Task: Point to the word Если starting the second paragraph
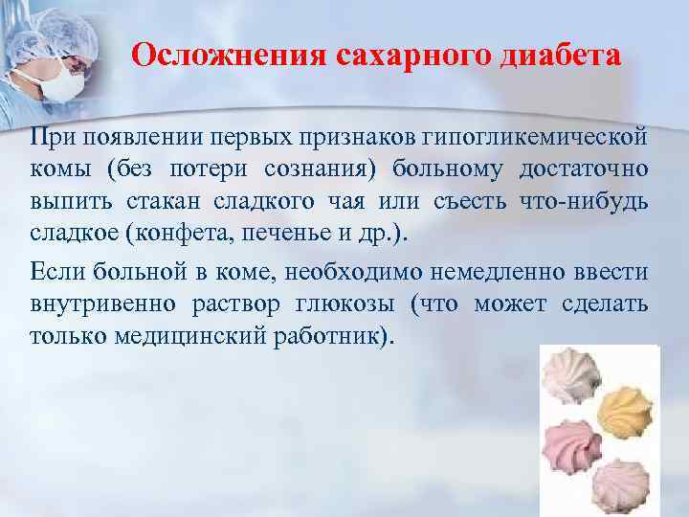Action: point(57,272)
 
